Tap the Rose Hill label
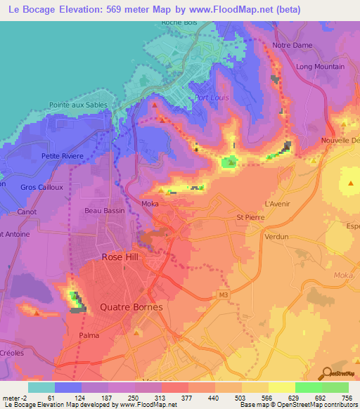tap(120, 257)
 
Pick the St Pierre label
tap(250, 217)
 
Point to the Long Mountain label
tap(320, 67)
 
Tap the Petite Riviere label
tap(62, 156)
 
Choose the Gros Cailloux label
tap(42, 187)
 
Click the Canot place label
tap(27, 212)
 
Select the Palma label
tap(89, 335)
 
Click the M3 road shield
tap(224, 294)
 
